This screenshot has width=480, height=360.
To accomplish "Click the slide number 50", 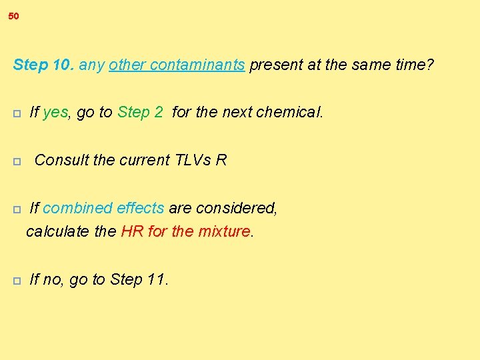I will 14,16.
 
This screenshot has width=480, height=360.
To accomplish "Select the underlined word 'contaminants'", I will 197,65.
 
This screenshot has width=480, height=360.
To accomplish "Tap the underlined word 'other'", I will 127,65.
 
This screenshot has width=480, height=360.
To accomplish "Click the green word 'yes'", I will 55,112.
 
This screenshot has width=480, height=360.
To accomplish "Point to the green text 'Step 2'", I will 140,112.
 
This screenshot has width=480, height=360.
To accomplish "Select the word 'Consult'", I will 60,160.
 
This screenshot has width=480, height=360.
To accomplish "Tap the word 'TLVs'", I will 193,160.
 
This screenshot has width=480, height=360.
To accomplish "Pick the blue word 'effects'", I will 140,208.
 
